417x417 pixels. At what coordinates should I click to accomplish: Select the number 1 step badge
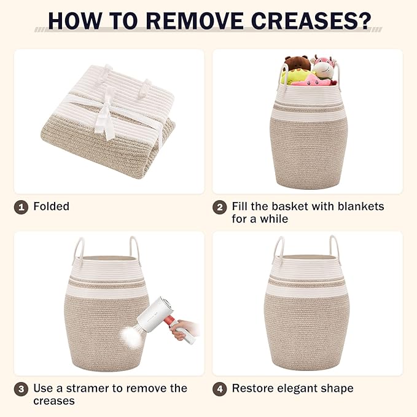point(21,207)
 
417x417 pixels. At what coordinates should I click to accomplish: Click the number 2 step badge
point(220,207)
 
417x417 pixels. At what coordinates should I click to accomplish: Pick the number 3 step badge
point(21,389)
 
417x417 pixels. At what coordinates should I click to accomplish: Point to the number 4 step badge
point(220,389)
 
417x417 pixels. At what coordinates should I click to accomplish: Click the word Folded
point(52,206)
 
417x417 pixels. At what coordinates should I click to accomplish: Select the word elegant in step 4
point(297,389)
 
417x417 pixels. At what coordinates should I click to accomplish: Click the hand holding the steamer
point(184,330)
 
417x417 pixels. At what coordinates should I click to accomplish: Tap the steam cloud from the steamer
point(130,336)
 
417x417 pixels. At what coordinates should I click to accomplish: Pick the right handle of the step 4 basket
point(334,247)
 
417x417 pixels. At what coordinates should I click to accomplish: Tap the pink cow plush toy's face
point(322,69)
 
